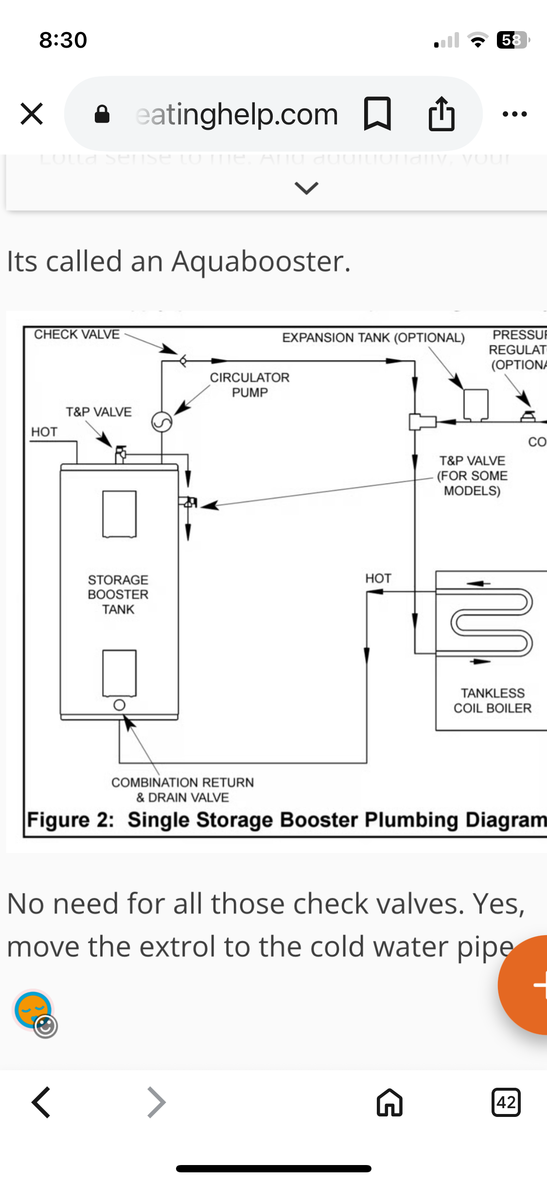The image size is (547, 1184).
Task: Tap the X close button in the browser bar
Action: click(x=32, y=114)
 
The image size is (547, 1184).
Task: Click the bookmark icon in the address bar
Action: click(x=377, y=114)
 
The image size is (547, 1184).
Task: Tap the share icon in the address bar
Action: click(x=441, y=114)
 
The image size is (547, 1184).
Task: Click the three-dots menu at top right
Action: click(x=515, y=114)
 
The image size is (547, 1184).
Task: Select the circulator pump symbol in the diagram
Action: click(x=162, y=422)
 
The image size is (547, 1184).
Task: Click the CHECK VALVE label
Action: click(x=77, y=334)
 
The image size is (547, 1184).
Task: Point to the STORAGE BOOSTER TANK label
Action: click(x=118, y=594)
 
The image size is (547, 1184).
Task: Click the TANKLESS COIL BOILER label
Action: click(x=493, y=700)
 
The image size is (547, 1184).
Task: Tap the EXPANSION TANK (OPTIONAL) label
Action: click(x=373, y=337)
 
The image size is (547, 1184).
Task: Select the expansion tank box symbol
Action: click(x=476, y=404)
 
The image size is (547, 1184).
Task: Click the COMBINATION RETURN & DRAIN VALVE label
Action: click(x=182, y=790)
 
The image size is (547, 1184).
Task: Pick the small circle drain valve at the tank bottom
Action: click(x=119, y=705)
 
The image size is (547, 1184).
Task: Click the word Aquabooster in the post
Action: click(x=261, y=261)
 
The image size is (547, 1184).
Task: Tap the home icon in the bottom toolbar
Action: click(x=389, y=1102)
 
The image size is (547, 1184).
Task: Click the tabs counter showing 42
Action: click(x=506, y=1102)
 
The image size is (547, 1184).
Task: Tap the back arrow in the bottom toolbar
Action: click(x=41, y=1102)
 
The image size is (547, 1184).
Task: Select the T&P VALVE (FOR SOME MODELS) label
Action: click(x=472, y=475)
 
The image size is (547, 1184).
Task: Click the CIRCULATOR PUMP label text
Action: click(x=249, y=385)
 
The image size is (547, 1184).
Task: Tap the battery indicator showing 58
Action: click(x=512, y=40)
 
